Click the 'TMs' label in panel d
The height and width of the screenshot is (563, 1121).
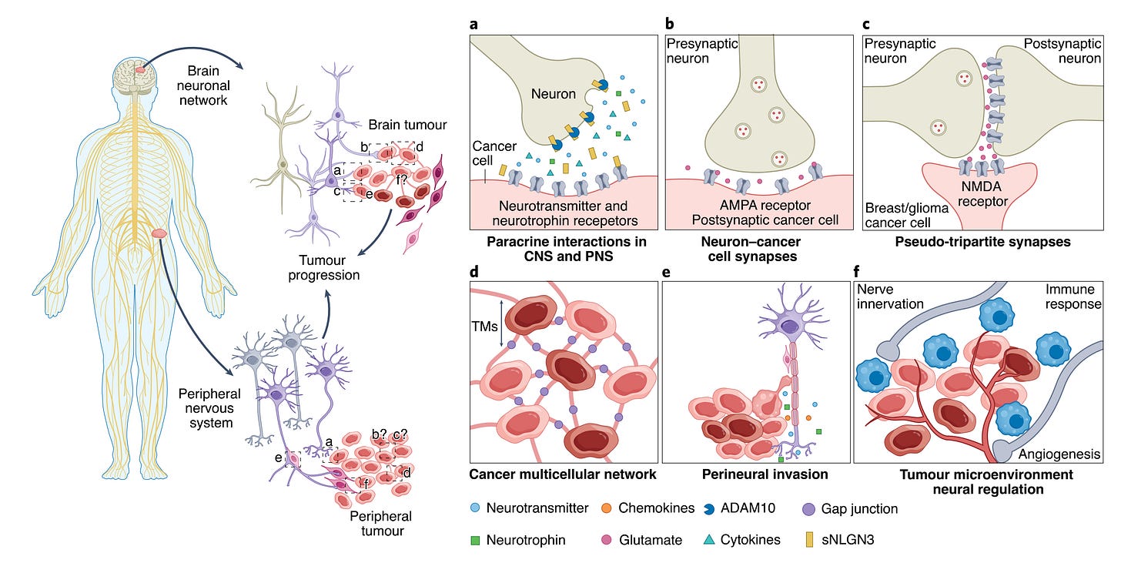coord(485,326)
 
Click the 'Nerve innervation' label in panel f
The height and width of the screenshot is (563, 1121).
coord(892,297)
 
